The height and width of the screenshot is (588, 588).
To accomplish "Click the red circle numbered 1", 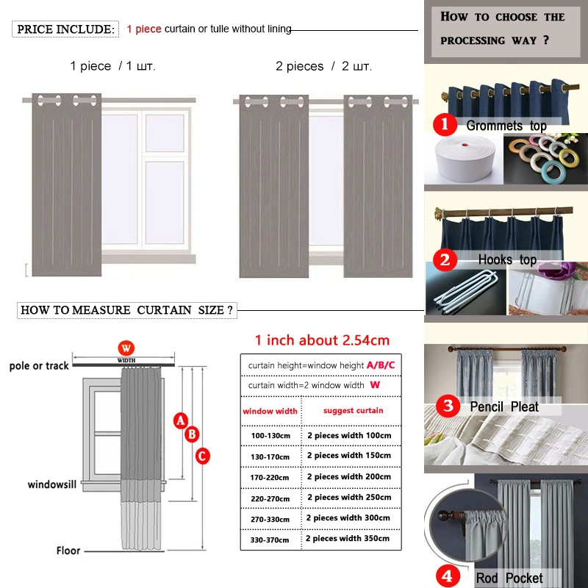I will coord(444,124).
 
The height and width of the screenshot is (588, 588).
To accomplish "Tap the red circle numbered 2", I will coord(444,259).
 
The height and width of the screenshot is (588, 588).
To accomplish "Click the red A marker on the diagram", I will coord(179,420).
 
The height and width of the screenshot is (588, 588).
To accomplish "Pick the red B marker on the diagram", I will coord(192,434).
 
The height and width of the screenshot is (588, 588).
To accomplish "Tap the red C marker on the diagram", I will coord(203,456).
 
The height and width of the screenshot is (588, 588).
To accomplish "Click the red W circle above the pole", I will coord(127,347).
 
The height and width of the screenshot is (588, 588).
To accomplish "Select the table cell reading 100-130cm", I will coord(270,436).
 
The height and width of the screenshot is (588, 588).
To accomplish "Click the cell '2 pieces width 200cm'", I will coord(348,476).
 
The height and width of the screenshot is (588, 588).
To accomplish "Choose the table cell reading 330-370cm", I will coord(270,539).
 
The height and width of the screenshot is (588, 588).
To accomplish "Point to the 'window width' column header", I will coord(270,411).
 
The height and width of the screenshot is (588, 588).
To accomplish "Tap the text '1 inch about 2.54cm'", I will coord(322,340).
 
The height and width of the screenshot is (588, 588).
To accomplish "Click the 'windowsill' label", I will coord(52,484).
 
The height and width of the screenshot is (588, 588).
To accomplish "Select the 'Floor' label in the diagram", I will coord(68,550).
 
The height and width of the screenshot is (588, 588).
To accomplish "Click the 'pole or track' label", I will coord(39,365).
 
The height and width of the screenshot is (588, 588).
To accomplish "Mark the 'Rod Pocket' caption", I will coord(509,578).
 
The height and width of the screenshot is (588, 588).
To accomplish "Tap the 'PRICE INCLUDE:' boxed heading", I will coord(66,29).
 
